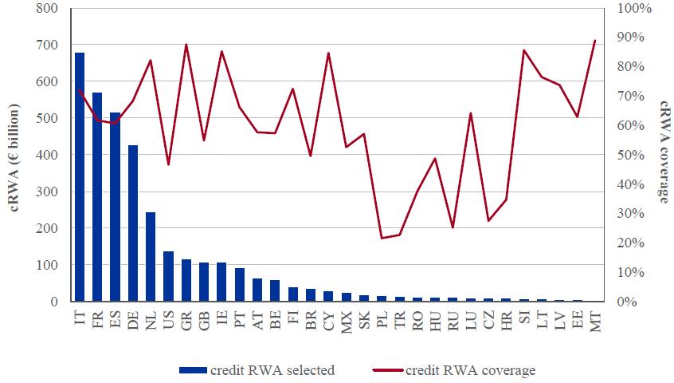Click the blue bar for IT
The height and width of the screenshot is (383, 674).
80,177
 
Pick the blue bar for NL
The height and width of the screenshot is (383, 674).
151,257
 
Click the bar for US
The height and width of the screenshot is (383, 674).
168,277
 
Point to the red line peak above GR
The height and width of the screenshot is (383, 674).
186,45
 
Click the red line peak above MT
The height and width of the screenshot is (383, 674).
595,40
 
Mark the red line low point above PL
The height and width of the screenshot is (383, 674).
382,238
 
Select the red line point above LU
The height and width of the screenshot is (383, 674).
471,113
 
